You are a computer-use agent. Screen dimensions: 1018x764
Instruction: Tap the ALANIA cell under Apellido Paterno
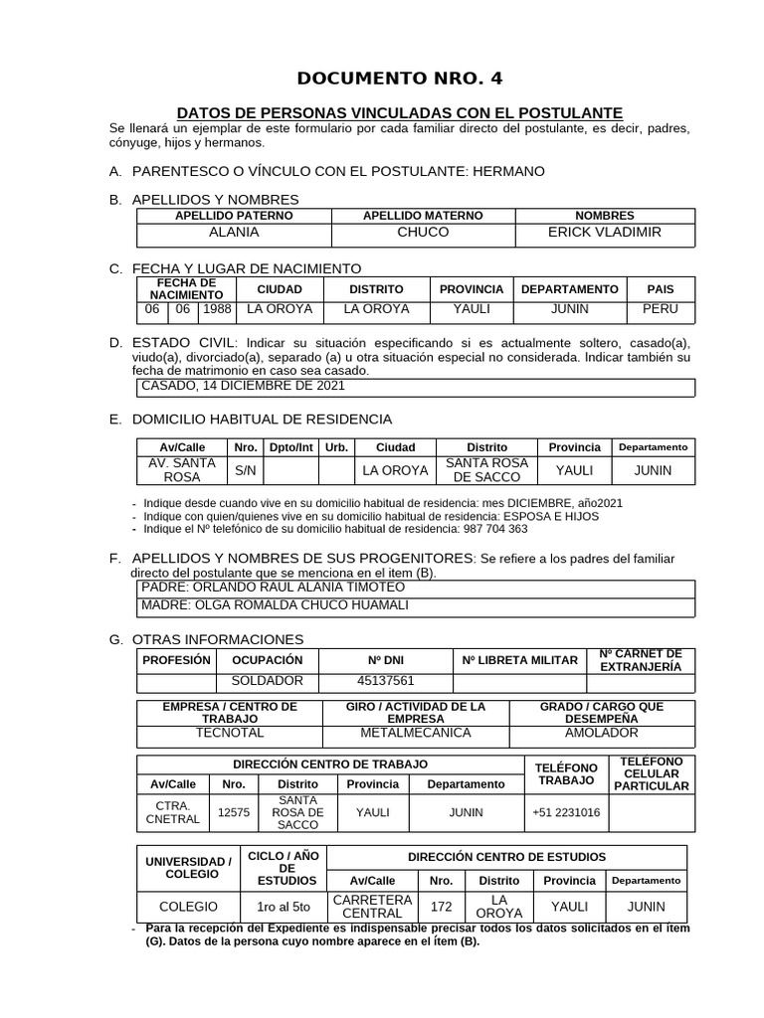234,232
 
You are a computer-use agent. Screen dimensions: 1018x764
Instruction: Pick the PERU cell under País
660,309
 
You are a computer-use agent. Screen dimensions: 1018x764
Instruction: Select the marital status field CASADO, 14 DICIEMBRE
244,385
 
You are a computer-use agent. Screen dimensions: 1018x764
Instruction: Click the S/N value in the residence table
245,470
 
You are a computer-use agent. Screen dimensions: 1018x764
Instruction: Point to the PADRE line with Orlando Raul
274,587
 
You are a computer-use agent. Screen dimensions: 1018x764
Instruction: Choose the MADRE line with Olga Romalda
275,604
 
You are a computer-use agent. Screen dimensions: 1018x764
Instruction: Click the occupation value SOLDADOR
267,681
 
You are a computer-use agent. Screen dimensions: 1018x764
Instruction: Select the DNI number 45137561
385,681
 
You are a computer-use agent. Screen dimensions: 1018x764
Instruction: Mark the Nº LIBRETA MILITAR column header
519,660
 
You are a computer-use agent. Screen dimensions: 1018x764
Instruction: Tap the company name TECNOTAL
230,733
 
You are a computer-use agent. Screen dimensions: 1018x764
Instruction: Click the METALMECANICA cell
416,733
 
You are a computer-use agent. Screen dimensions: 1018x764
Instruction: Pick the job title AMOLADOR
602,733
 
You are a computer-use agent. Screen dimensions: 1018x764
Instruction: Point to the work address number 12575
233,812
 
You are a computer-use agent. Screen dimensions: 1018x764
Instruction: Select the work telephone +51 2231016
566,812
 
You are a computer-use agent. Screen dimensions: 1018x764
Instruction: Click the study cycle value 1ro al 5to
284,906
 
